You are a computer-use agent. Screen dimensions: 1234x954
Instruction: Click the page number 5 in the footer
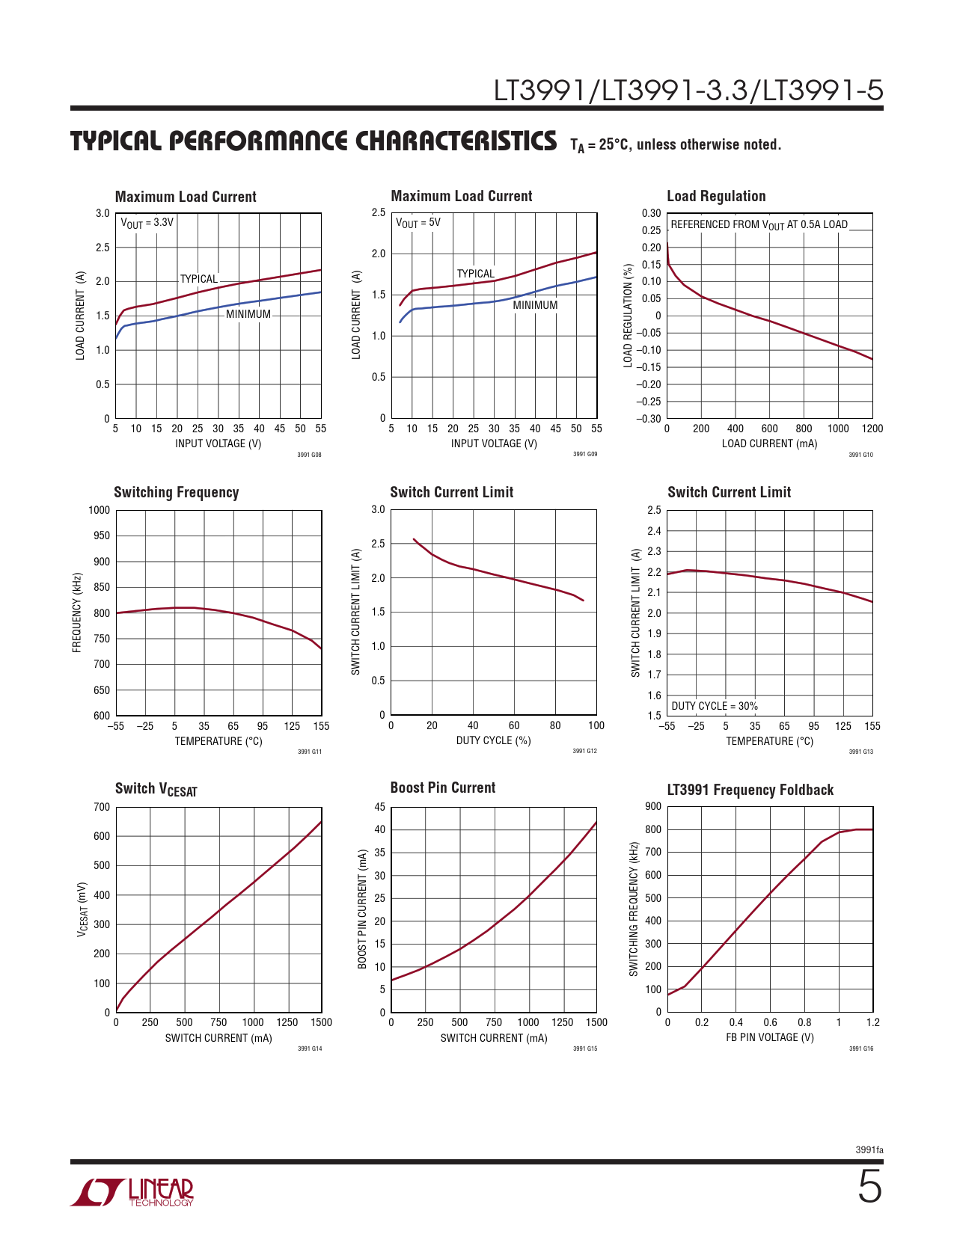pyautogui.click(x=869, y=1187)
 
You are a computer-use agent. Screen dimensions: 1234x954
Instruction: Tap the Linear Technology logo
pyautogui.click(x=132, y=1192)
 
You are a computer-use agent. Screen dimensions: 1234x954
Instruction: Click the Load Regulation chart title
pyautogui.click(x=716, y=196)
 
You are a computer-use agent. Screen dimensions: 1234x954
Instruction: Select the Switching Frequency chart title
pyautogui.click(x=176, y=492)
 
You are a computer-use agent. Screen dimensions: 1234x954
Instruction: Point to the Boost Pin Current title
pyautogui.click(x=442, y=788)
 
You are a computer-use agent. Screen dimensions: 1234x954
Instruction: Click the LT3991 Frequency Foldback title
pyautogui.click(x=750, y=790)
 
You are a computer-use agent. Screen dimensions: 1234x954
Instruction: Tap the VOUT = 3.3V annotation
pyautogui.click(x=147, y=223)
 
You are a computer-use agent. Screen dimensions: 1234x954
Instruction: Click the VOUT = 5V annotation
pyautogui.click(x=418, y=223)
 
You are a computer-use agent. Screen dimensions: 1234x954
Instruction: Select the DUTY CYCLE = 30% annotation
pyautogui.click(x=714, y=706)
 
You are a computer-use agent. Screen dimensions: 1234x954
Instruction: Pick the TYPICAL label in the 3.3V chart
pyautogui.click(x=198, y=279)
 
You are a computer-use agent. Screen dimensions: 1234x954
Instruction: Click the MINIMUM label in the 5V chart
pyautogui.click(x=535, y=305)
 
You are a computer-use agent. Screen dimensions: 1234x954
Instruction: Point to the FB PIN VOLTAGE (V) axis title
pyautogui.click(x=769, y=1037)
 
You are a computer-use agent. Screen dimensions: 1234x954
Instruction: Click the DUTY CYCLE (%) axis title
pyautogui.click(x=493, y=740)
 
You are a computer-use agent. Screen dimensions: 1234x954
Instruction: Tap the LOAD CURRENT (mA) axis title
pyautogui.click(x=769, y=443)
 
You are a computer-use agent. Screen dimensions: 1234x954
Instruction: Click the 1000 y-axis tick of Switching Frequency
pyautogui.click(x=99, y=510)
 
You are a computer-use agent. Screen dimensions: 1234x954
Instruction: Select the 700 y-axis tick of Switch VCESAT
pyautogui.click(x=102, y=807)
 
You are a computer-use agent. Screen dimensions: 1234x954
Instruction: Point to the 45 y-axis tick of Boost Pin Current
pyautogui.click(x=379, y=807)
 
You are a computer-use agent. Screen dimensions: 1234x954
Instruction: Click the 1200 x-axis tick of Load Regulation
pyautogui.click(x=872, y=429)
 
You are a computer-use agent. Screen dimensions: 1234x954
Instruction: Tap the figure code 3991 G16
pyautogui.click(x=860, y=1049)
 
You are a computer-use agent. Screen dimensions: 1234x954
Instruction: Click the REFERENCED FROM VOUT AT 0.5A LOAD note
pyautogui.click(x=759, y=224)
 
